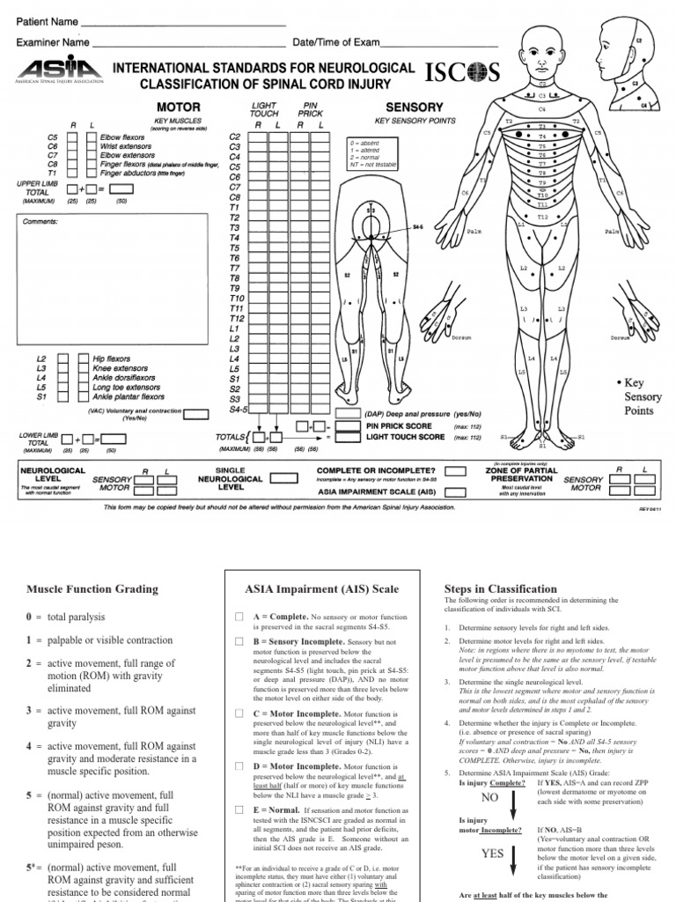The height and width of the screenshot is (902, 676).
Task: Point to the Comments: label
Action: pyautogui.click(x=39, y=223)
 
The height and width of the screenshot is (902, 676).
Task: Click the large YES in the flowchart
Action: pyautogui.click(x=493, y=854)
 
